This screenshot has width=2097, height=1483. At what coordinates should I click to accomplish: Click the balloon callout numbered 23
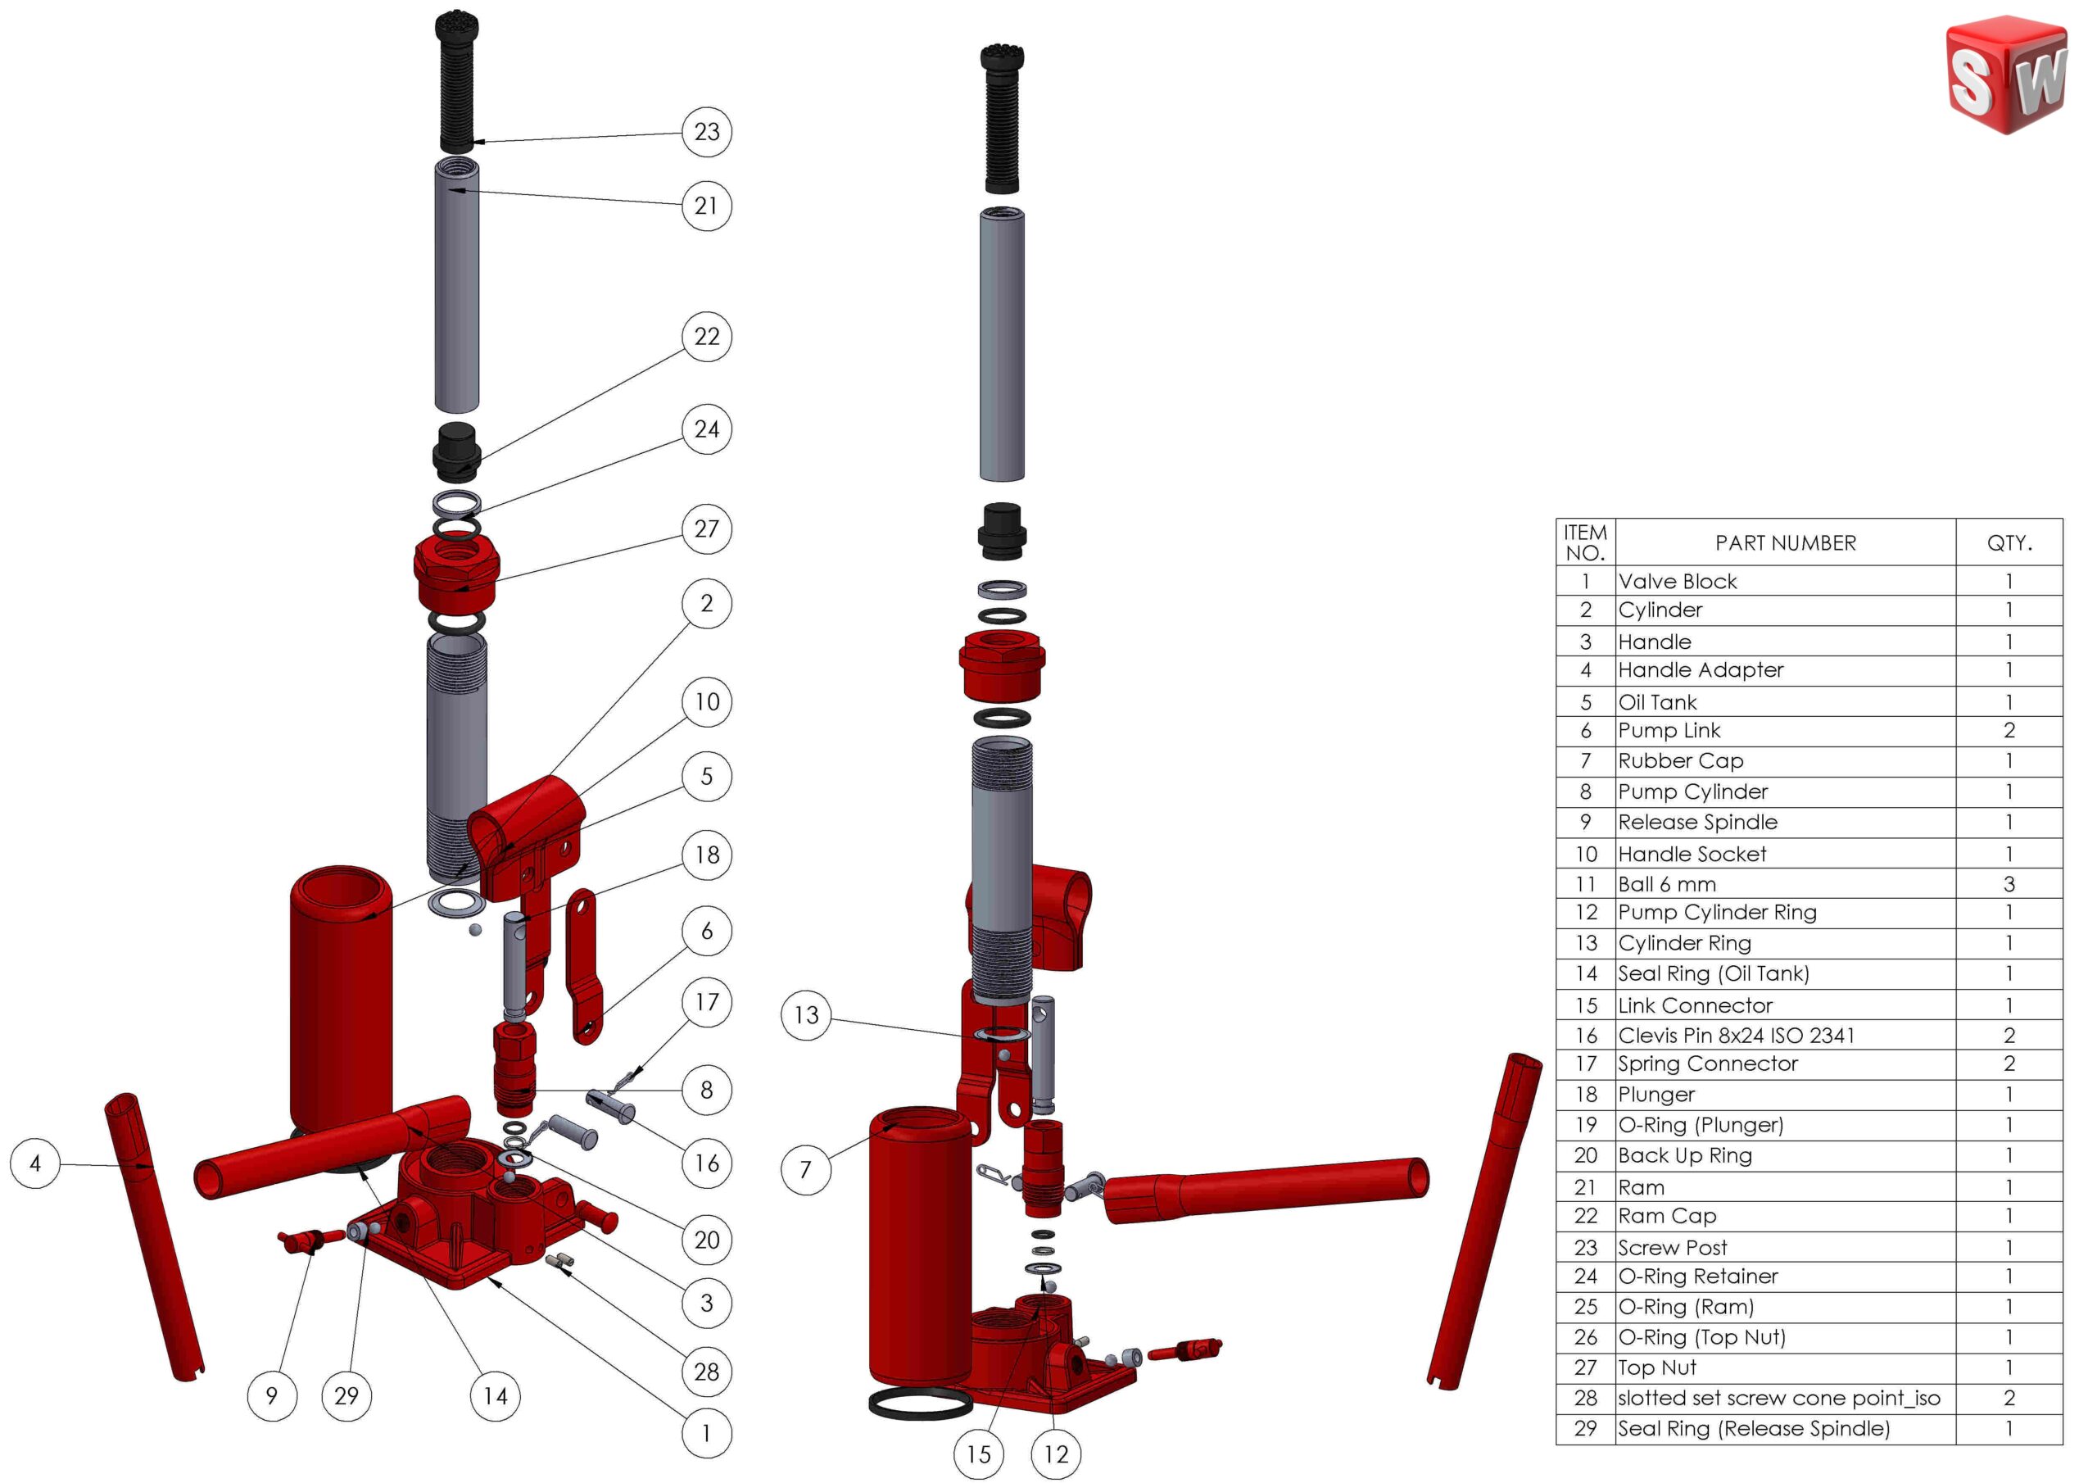click(706, 132)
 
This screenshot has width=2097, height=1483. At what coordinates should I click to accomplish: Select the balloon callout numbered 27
click(706, 528)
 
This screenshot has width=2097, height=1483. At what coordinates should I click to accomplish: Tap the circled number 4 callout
click(34, 1163)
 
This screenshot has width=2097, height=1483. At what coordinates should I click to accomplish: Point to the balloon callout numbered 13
click(805, 1014)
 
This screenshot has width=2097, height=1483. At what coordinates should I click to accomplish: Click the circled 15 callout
click(978, 1454)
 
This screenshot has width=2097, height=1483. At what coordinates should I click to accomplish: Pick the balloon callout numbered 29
click(346, 1395)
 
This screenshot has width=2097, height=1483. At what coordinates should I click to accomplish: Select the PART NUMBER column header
click(1785, 542)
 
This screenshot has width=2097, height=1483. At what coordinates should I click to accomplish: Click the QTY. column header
click(2009, 542)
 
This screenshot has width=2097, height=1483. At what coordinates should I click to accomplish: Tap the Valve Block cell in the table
click(1677, 581)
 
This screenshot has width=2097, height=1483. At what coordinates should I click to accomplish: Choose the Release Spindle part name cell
click(1697, 822)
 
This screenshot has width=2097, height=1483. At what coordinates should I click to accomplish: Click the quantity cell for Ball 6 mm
click(2009, 883)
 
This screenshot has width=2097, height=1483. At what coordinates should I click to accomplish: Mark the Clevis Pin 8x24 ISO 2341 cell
click(1735, 1036)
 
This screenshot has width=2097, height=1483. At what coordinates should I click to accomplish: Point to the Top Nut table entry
click(1657, 1367)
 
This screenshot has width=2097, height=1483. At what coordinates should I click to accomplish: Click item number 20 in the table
click(1586, 1155)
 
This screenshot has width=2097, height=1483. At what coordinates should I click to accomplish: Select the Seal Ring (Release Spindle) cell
click(1754, 1428)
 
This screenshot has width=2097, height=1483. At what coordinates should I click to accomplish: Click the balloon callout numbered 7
click(805, 1169)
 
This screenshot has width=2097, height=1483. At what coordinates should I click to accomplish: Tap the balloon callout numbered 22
click(706, 336)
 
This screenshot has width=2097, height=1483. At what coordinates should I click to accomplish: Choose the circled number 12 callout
click(1056, 1454)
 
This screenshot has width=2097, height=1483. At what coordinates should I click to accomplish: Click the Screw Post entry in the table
click(1673, 1247)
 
